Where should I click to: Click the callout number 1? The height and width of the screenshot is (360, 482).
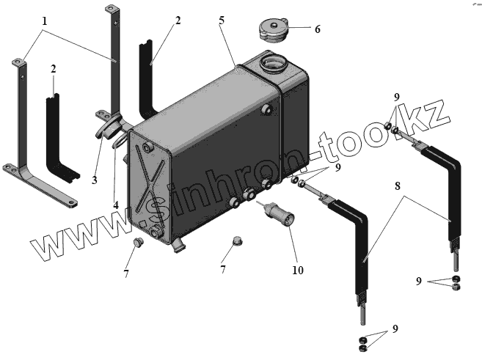[45, 21]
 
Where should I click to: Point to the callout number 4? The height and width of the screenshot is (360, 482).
[116, 205]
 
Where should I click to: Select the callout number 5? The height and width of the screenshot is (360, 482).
[221, 20]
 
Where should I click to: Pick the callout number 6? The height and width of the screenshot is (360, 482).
[317, 30]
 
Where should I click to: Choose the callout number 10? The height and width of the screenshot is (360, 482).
[296, 270]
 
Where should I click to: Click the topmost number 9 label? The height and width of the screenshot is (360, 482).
[397, 97]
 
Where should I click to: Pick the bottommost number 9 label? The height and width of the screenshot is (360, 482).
[396, 328]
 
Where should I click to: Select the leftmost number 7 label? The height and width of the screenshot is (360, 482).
[126, 273]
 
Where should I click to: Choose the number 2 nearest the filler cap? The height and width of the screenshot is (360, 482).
[177, 21]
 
